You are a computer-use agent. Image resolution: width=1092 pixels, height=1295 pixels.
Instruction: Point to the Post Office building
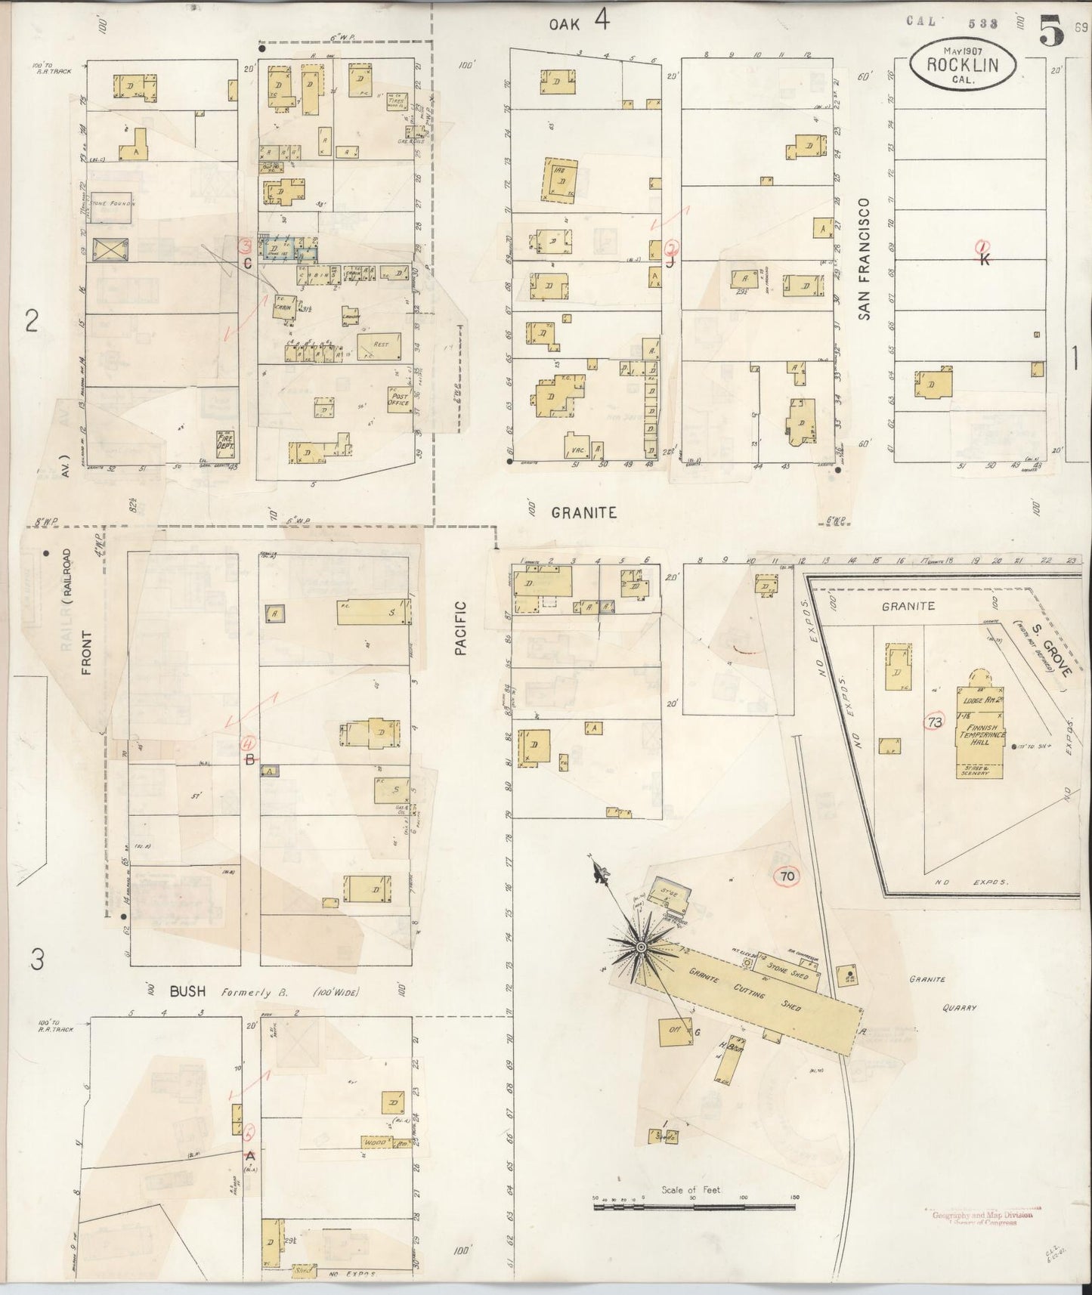coord(400,397)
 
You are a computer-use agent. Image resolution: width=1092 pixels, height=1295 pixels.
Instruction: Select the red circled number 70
coord(787,877)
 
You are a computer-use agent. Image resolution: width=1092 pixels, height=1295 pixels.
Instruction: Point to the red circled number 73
coord(936,722)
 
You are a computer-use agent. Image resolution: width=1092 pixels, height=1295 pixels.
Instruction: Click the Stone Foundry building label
coord(112,204)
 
